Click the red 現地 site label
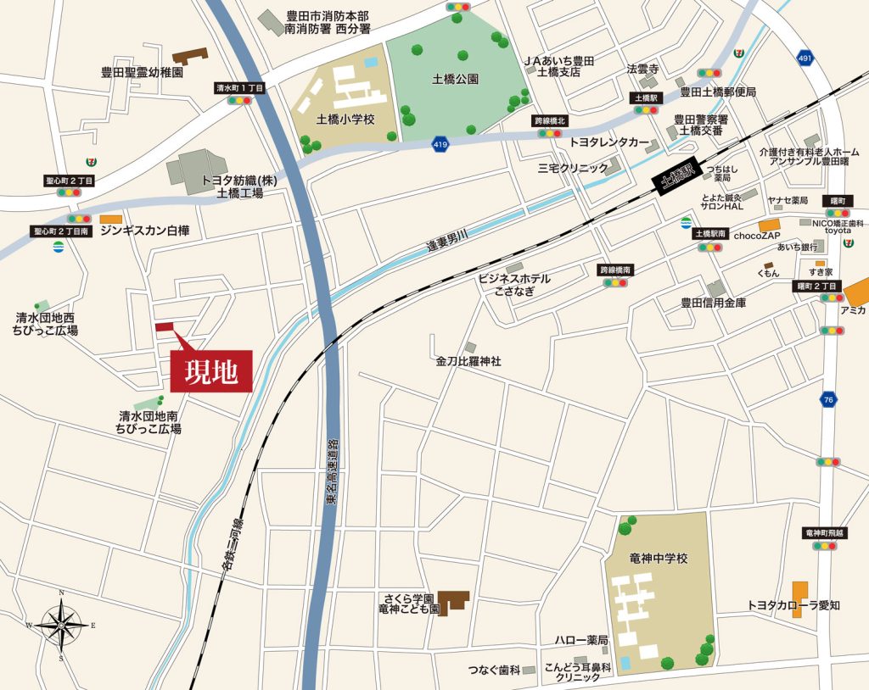pyautogui.click(x=211, y=371)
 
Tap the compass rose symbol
pyautogui.click(x=62, y=626)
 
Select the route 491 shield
pyautogui.click(x=804, y=58)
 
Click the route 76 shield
pyautogui.click(x=827, y=398)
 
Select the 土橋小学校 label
pyautogui.click(x=345, y=120)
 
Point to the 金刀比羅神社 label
pyautogui.click(x=468, y=361)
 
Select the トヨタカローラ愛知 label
pyautogui.click(x=793, y=604)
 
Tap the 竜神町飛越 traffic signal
pyautogui.click(x=823, y=546)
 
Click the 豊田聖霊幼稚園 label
pyautogui.click(x=142, y=73)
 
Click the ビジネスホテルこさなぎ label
pyautogui.click(x=514, y=284)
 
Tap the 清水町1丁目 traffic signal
pyautogui.click(x=239, y=100)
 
